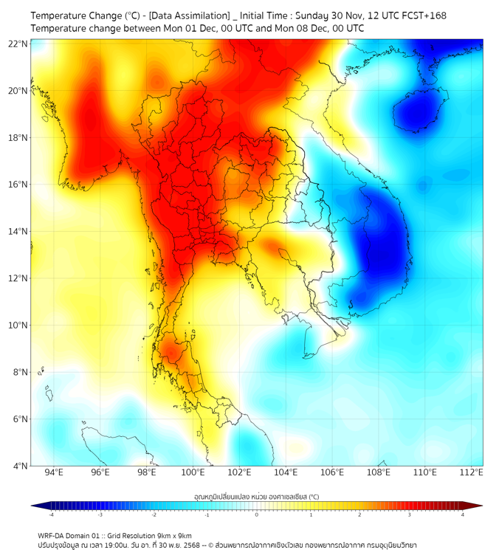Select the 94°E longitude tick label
[54, 472]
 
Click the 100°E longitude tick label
[193, 472]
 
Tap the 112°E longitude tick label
[472, 472]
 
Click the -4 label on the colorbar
[51, 514]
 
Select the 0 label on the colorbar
[257, 514]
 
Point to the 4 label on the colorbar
[463, 514]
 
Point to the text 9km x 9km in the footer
[174, 535]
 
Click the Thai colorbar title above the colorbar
[256, 497]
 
